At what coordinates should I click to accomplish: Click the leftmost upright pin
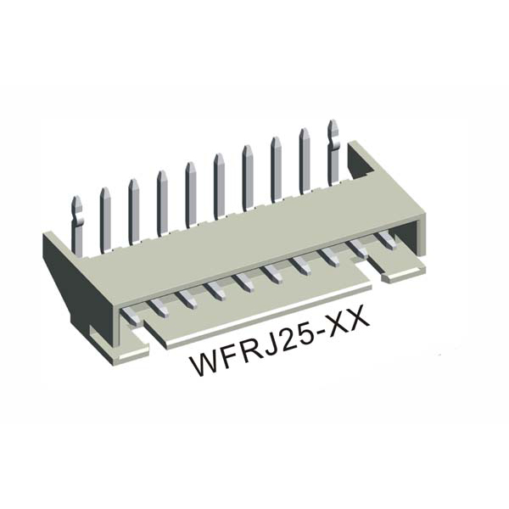pyautogui.click(x=76, y=222)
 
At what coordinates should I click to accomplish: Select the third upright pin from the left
pyautogui.click(x=133, y=208)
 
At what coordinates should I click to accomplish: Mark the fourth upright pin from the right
pyautogui.click(x=248, y=176)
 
